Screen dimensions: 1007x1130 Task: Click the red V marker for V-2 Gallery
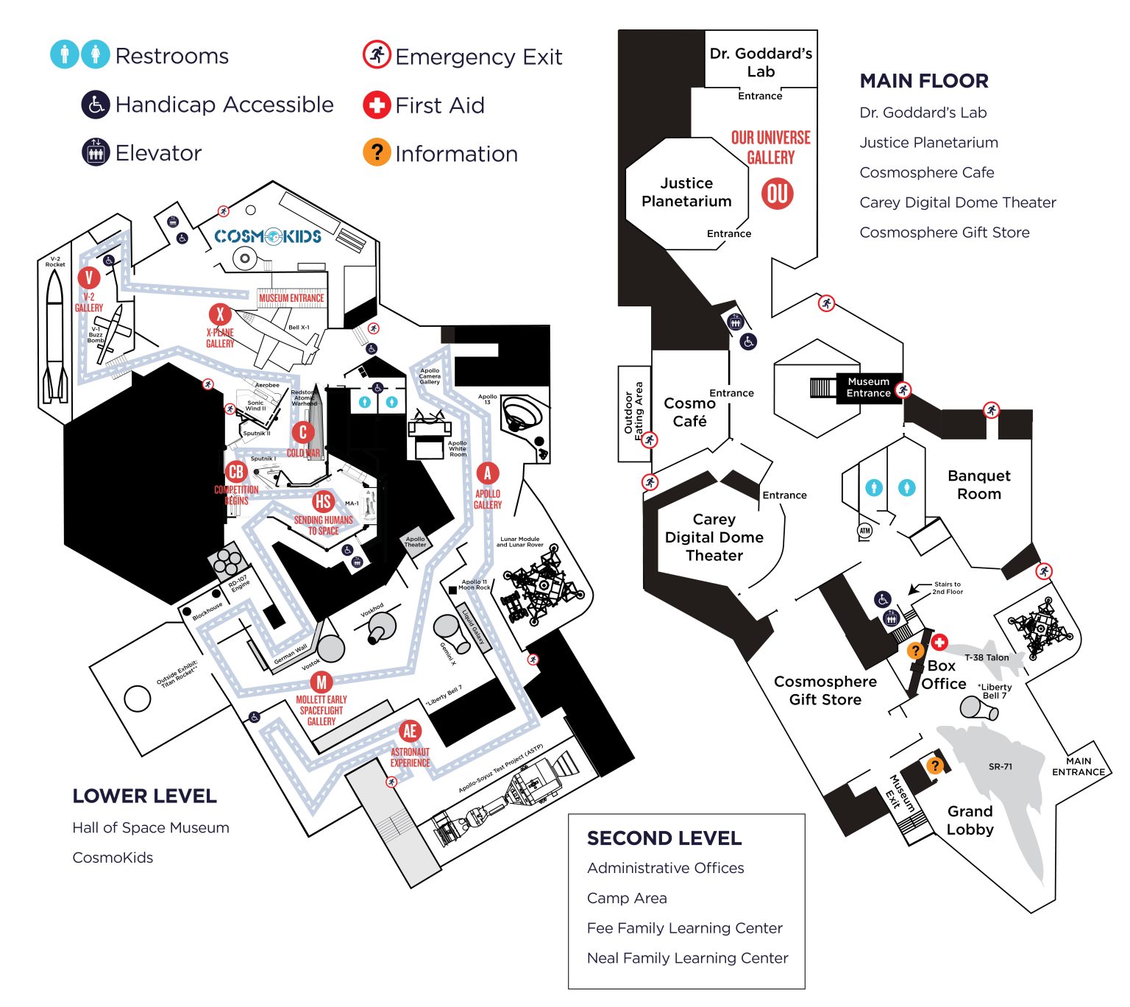(89, 278)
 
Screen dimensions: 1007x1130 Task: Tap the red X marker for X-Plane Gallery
(219, 314)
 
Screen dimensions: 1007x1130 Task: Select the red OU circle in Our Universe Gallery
(777, 194)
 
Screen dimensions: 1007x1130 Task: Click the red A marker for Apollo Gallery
(487, 473)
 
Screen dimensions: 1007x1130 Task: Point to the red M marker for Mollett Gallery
(321, 682)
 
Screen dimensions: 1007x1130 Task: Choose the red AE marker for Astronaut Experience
(410, 731)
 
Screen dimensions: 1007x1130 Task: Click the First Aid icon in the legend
(376, 105)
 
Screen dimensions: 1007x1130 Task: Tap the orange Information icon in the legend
(376, 152)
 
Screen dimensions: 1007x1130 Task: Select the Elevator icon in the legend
(96, 152)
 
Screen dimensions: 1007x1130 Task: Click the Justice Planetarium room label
(686, 192)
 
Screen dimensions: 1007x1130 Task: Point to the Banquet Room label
(978, 484)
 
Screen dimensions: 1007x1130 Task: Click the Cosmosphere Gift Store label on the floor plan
(825, 690)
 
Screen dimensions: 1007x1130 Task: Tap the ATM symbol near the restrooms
(864, 530)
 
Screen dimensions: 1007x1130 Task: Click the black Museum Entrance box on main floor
(868, 387)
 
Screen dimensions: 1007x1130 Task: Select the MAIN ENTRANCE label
(1078, 766)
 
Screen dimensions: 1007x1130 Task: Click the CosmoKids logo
(268, 236)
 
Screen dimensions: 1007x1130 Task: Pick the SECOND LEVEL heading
(664, 838)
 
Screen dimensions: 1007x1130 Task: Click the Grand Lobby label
(970, 820)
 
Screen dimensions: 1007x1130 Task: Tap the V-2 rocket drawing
(55, 335)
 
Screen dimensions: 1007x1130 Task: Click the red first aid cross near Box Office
(939, 643)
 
